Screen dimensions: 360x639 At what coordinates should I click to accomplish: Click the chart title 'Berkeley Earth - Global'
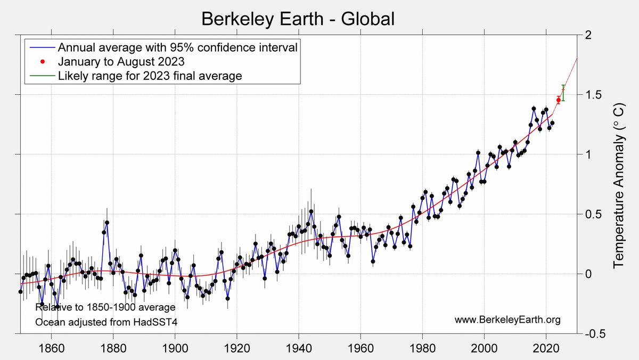coord(298,19)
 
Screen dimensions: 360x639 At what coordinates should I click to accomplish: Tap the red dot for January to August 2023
coord(558,100)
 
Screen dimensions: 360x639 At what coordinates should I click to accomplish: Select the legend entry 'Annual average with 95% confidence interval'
coord(177,46)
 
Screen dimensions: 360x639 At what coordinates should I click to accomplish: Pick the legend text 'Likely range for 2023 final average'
coord(150,76)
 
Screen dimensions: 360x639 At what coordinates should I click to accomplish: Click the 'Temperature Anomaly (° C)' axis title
coord(618,184)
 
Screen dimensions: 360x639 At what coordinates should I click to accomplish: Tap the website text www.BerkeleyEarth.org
coord(507,320)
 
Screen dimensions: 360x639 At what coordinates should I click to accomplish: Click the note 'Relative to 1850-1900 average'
coord(105,307)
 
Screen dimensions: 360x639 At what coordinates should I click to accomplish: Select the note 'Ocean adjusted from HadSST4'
coord(106,322)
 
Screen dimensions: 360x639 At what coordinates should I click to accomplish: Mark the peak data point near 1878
coord(107,222)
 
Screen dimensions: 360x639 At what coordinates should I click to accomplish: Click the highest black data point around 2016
coord(534,109)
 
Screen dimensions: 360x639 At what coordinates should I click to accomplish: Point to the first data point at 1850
coord(20,291)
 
